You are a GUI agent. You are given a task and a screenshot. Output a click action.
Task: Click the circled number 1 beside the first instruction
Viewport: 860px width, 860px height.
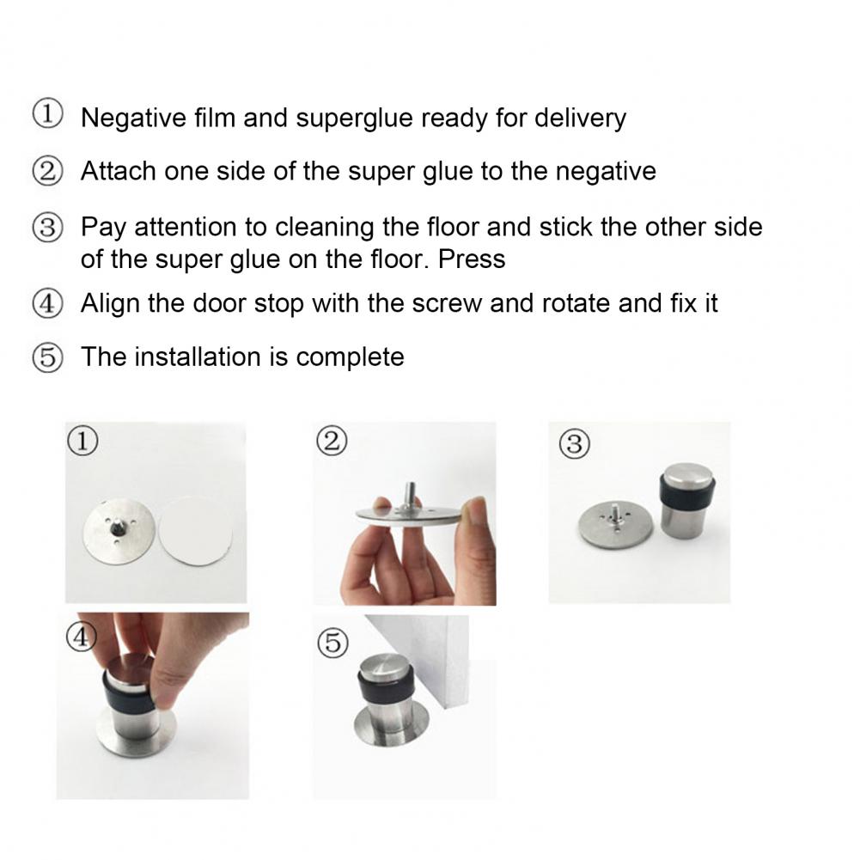(47, 116)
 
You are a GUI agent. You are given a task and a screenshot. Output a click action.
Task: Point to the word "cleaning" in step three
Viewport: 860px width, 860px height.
(326, 227)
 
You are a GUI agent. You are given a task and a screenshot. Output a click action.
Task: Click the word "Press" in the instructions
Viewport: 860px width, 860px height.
(471, 259)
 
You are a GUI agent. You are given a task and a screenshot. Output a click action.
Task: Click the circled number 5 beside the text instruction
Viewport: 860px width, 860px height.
(47, 357)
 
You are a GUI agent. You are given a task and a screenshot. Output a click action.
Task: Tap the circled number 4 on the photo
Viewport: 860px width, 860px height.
(81, 634)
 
